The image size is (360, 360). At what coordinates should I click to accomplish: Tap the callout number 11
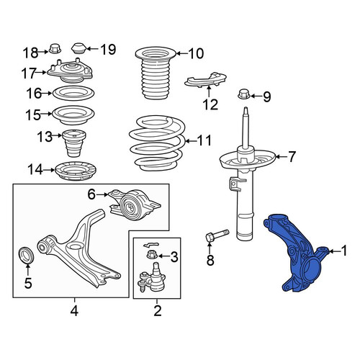pos(204,140)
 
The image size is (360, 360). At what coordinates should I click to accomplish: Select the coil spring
pos(157,143)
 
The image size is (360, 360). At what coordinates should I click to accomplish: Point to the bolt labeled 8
pos(217,235)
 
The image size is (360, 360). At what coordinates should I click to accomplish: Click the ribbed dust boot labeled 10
pos(156,73)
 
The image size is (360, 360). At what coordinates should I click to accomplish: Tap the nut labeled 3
pos(152,254)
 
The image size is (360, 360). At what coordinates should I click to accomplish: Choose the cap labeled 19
pos(79,49)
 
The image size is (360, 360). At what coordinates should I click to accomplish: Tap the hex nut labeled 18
pos(55,49)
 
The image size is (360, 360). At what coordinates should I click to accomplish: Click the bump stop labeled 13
pos(74,143)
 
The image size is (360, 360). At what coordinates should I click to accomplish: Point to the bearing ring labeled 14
pos(76,172)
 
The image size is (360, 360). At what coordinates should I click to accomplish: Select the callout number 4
pos(74,311)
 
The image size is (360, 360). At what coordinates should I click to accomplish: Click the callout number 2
pos(158,311)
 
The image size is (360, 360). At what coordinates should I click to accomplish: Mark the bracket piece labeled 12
pos(205,80)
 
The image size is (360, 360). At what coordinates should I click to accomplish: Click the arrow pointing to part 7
pos(281,157)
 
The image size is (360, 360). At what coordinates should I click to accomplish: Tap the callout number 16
pos(34,94)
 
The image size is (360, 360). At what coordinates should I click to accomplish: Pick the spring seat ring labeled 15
pos(73,115)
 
